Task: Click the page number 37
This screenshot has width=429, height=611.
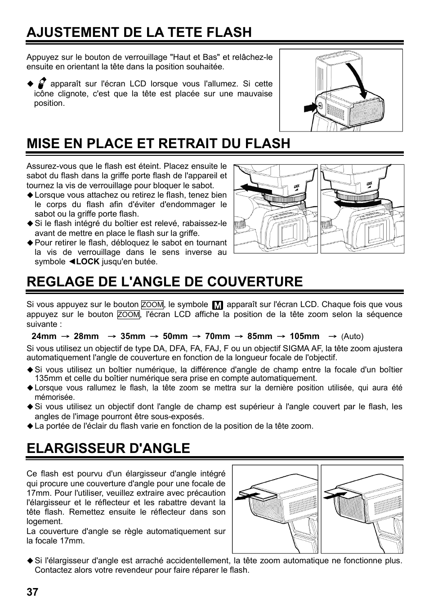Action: click(x=32, y=592)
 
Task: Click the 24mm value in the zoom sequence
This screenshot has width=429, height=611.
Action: click(x=44, y=336)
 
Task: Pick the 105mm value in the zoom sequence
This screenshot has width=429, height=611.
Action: click(x=304, y=336)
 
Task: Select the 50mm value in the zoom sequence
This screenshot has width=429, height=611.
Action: click(x=175, y=336)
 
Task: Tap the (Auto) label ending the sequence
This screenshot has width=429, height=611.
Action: click(x=352, y=336)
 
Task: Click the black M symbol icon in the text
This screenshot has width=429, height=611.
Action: click(x=218, y=305)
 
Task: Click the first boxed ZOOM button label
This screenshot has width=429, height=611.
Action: click(x=152, y=305)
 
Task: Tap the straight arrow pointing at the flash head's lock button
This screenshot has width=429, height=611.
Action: click(x=309, y=108)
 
